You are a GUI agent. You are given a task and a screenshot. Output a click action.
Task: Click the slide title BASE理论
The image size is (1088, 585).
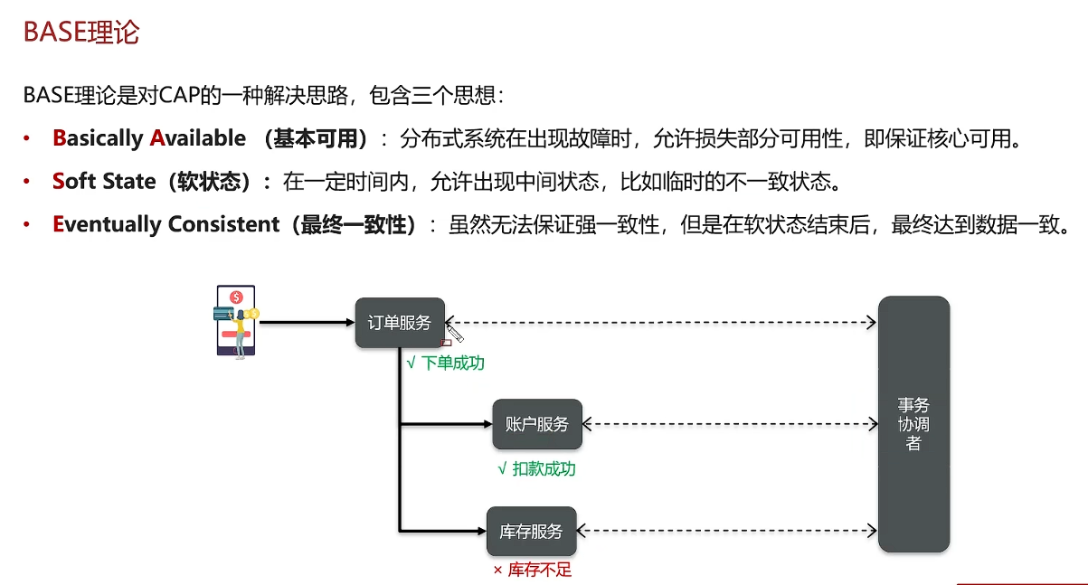pyautogui.click(x=81, y=33)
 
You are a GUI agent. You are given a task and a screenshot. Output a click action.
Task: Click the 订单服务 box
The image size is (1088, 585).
pyautogui.click(x=400, y=323)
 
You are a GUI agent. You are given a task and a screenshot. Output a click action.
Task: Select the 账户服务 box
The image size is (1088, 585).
pyautogui.click(x=537, y=424)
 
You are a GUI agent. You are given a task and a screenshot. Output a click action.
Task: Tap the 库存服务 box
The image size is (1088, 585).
pyautogui.click(x=531, y=532)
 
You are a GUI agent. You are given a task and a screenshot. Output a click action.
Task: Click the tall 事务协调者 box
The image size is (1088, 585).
pyautogui.click(x=913, y=424)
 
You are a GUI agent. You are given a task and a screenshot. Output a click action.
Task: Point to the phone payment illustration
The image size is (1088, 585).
pyautogui.click(x=236, y=321)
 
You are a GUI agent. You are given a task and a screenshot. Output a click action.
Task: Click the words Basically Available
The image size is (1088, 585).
pyautogui.click(x=149, y=138)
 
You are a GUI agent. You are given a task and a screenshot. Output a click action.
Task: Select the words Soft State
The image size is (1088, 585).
pyautogui.click(x=104, y=182)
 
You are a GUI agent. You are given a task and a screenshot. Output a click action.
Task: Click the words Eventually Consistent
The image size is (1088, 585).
pyautogui.click(x=166, y=225)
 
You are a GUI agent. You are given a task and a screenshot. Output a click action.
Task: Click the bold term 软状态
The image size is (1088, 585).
pyautogui.click(x=213, y=182)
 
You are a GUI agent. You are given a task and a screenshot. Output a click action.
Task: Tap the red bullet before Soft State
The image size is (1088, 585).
pyautogui.click(x=28, y=182)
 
